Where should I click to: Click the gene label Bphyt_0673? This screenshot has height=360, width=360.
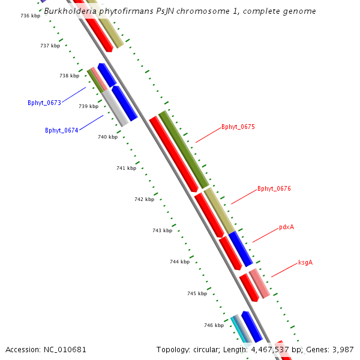44,103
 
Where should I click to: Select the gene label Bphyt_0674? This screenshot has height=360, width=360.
62,130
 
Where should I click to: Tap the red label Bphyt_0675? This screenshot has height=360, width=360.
238,127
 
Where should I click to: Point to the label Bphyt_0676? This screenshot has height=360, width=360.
274,188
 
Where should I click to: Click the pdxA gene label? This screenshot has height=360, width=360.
286,227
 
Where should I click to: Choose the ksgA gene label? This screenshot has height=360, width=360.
305,262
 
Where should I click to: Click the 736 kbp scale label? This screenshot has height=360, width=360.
30,16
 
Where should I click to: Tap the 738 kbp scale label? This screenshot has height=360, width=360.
69,76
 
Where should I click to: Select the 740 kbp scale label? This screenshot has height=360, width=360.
107,137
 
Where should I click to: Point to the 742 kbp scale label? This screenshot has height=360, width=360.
144,199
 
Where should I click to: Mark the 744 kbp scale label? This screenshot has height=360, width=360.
179,262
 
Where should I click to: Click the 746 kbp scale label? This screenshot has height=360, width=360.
214,325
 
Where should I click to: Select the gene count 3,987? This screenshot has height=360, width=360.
342,349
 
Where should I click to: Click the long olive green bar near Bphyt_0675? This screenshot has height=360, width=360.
184,149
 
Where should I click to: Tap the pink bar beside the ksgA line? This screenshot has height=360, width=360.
259,284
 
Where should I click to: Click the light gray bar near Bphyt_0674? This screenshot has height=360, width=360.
115,108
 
